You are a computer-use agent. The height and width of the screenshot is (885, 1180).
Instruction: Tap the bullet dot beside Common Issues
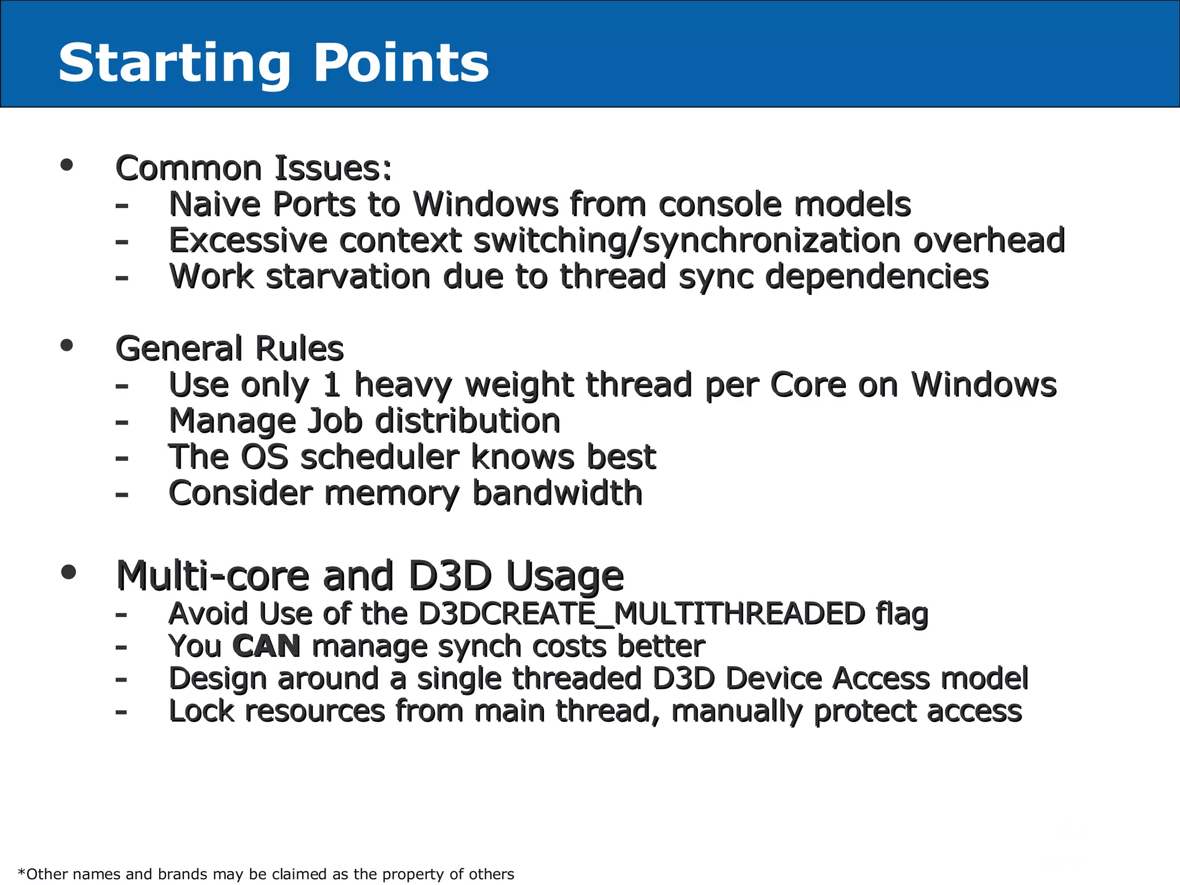pos(67,165)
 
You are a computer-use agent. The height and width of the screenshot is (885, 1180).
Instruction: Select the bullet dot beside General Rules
pos(67,345)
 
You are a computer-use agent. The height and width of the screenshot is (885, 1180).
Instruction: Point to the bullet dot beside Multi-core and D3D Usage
pos(68,572)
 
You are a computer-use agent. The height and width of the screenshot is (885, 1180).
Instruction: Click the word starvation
pos(348,277)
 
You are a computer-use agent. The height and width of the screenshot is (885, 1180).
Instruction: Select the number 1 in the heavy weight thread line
pos(331,385)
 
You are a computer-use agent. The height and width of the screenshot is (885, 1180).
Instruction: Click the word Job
pos(334,422)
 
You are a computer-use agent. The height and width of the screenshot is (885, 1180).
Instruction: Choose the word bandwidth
pos(557,493)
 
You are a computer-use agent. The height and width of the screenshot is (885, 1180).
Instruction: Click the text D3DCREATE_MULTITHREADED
pos(641,614)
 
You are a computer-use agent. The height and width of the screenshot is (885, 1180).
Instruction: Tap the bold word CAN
pos(266,646)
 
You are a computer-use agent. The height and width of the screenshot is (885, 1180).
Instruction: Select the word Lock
pos(201,711)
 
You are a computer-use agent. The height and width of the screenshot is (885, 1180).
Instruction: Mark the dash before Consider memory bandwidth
pos(122,494)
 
